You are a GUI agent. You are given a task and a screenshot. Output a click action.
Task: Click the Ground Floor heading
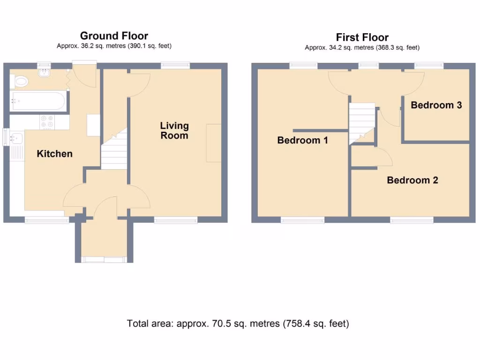click(x=114, y=36)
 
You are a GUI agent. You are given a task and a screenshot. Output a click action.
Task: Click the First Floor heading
click(x=362, y=37)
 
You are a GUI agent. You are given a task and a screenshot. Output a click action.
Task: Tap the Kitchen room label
click(x=55, y=154)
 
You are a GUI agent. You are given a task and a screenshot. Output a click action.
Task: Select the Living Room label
click(x=174, y=131)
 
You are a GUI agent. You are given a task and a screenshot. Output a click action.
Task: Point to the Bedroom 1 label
click(x=302, y=140)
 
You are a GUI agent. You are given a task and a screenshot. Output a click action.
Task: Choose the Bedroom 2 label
click(x=412, y=180)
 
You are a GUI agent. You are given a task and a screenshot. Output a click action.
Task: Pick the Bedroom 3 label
click(x=436, y=105)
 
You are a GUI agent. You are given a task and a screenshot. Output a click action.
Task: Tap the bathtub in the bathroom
click(x=38, y=101)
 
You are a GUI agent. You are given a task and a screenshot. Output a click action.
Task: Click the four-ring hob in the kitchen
click(x=46, y=122)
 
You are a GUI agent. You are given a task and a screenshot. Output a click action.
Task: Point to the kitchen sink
click(x=15, y=138)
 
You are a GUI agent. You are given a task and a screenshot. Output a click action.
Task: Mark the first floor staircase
click(x=361, y=120)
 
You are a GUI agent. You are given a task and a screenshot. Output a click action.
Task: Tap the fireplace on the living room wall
click(x=213, y=143)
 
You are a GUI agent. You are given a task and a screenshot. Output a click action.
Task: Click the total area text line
click(x=238, y=323)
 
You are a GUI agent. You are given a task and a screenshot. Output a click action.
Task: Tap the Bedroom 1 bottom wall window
click(x=302, y=220)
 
